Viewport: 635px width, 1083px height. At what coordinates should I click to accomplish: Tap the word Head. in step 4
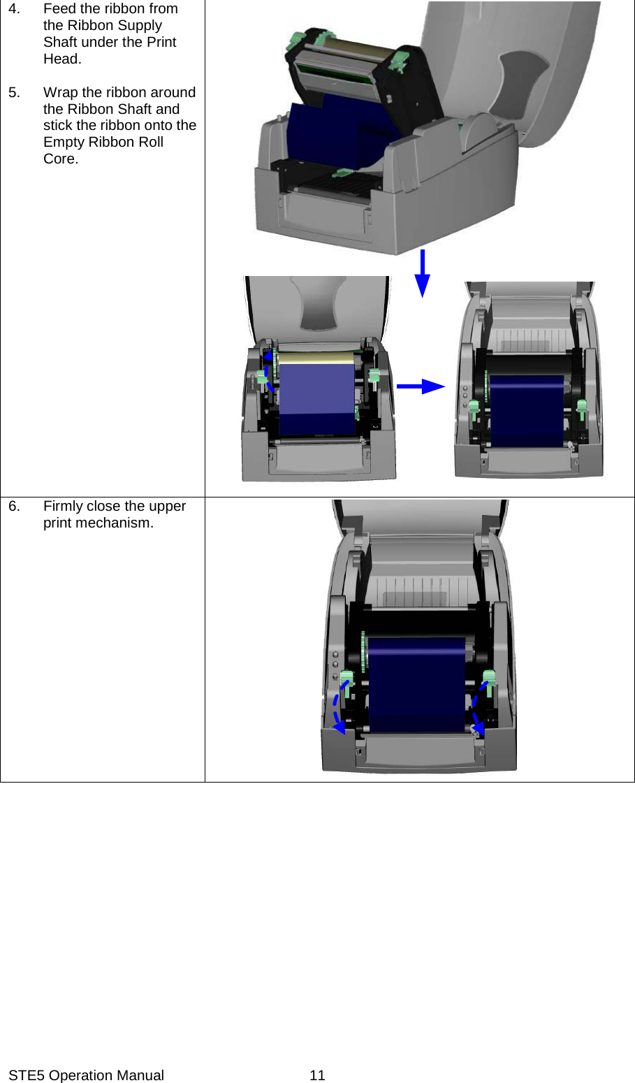[x=62, y=59]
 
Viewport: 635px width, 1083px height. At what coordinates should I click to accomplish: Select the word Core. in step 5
[x=61, y=159]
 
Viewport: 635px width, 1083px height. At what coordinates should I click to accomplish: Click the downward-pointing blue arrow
[x=422, y=274]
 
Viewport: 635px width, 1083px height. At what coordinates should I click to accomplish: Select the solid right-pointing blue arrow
[x=421, y=386]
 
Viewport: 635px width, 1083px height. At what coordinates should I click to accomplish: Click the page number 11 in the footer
[x=317, y=1075]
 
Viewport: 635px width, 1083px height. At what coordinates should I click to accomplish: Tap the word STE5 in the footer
[x=27, y=1075]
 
